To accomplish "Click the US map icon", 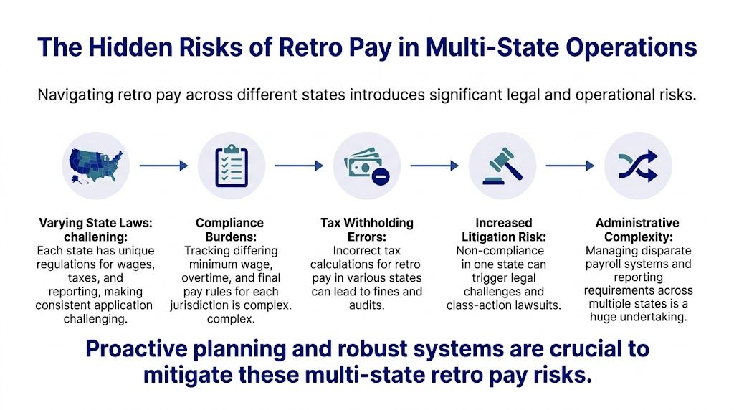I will tap(96, 166).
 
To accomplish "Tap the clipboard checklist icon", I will tap(231, 166).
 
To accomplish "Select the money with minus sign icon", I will tap(366, 166).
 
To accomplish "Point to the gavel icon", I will tap(502, 166).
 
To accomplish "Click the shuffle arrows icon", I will tap(637, 166).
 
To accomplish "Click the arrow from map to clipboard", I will tap(163, 166).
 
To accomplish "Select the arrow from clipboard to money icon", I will tap(299, 166).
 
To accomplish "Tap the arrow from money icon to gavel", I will tap(434, 166).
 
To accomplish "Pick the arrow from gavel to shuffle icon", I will tap(570, 166).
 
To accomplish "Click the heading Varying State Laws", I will tap(96, 230).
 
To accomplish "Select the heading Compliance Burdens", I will tap(230, 230).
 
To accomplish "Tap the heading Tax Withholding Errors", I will tap(366, 230).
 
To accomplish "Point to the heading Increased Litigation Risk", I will tap(503, 230).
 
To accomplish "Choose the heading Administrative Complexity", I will tap(637, 230).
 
